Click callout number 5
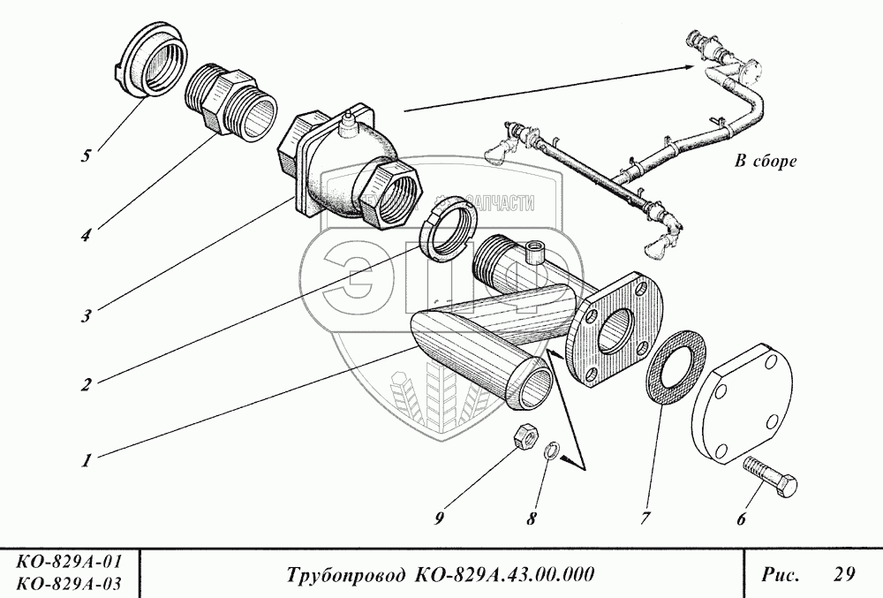coord(86,156)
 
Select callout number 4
coord(86,237)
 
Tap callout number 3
coord(86,315)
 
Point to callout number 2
coord(86,384)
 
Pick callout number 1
coord(86,460)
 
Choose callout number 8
coord(531,519)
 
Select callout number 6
coord(740,519)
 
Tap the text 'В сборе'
coord(765,162)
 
